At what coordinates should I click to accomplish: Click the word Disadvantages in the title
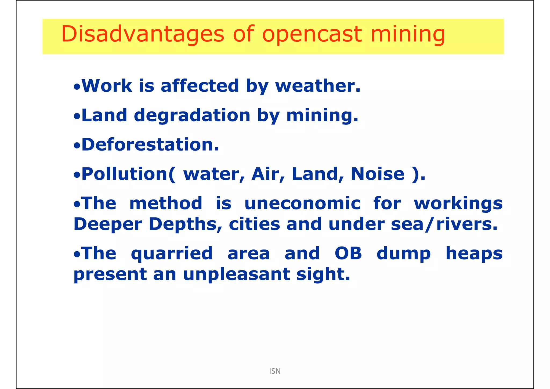pyautogui.click(x=142, y=34)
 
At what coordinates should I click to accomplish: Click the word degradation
pyautogui.click(x=192, y=116)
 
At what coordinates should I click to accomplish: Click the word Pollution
pyautogui.click(x=125, y=174)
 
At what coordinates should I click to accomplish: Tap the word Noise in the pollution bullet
pyautogui.click(x=378, y=174)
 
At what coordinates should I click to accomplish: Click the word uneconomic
pyautogui.click(x=302, y=203)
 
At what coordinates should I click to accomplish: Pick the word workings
pyautogui.click(x=458, y=204)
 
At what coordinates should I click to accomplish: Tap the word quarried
pyautogui.click(x=172, y=254)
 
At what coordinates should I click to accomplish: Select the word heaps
pyautogui.click(x=474, y=254)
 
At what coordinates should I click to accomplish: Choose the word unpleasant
pyautogui.click(x=236, y=274)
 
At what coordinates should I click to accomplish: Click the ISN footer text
pyautogui.click(x=275, y=371)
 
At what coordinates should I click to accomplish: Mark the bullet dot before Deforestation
pyautogui.click(x=77, y=146)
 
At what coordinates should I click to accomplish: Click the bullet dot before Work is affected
pyautogui.click(x=77, y=87)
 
